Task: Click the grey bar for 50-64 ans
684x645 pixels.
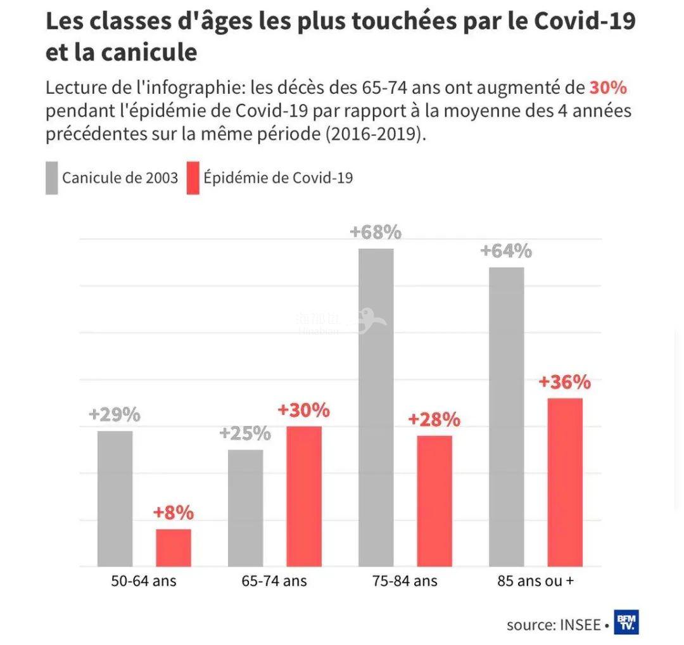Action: tap(115, 499)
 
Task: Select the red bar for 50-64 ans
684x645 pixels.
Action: tap(173, 547)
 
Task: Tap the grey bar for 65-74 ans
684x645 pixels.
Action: tap(245, 508)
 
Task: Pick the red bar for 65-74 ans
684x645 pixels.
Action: tap(304, 496)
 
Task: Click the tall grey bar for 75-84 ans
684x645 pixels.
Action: tap(376, 407)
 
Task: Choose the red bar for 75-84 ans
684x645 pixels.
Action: tap(434, 501)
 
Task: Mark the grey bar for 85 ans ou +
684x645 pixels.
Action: tap(507, 417)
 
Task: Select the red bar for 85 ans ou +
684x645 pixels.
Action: tap(565, 482)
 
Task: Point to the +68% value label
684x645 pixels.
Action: tap(376, 233)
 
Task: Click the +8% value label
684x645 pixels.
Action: tap(173, 513)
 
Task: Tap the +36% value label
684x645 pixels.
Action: tap(565, 383)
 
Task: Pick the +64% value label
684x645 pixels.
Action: tap(507, 251)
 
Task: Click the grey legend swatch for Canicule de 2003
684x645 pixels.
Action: tap(51, 178)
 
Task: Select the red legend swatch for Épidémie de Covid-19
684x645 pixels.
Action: tap(193, 178)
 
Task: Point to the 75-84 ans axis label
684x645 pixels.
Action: tap(405, 580)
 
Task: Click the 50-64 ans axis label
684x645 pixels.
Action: tap(144, 580)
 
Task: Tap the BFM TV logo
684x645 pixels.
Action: tap(626, 622)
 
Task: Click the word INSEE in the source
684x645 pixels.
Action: tap(580, 625)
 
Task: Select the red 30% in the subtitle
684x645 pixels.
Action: tap(608, 87)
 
